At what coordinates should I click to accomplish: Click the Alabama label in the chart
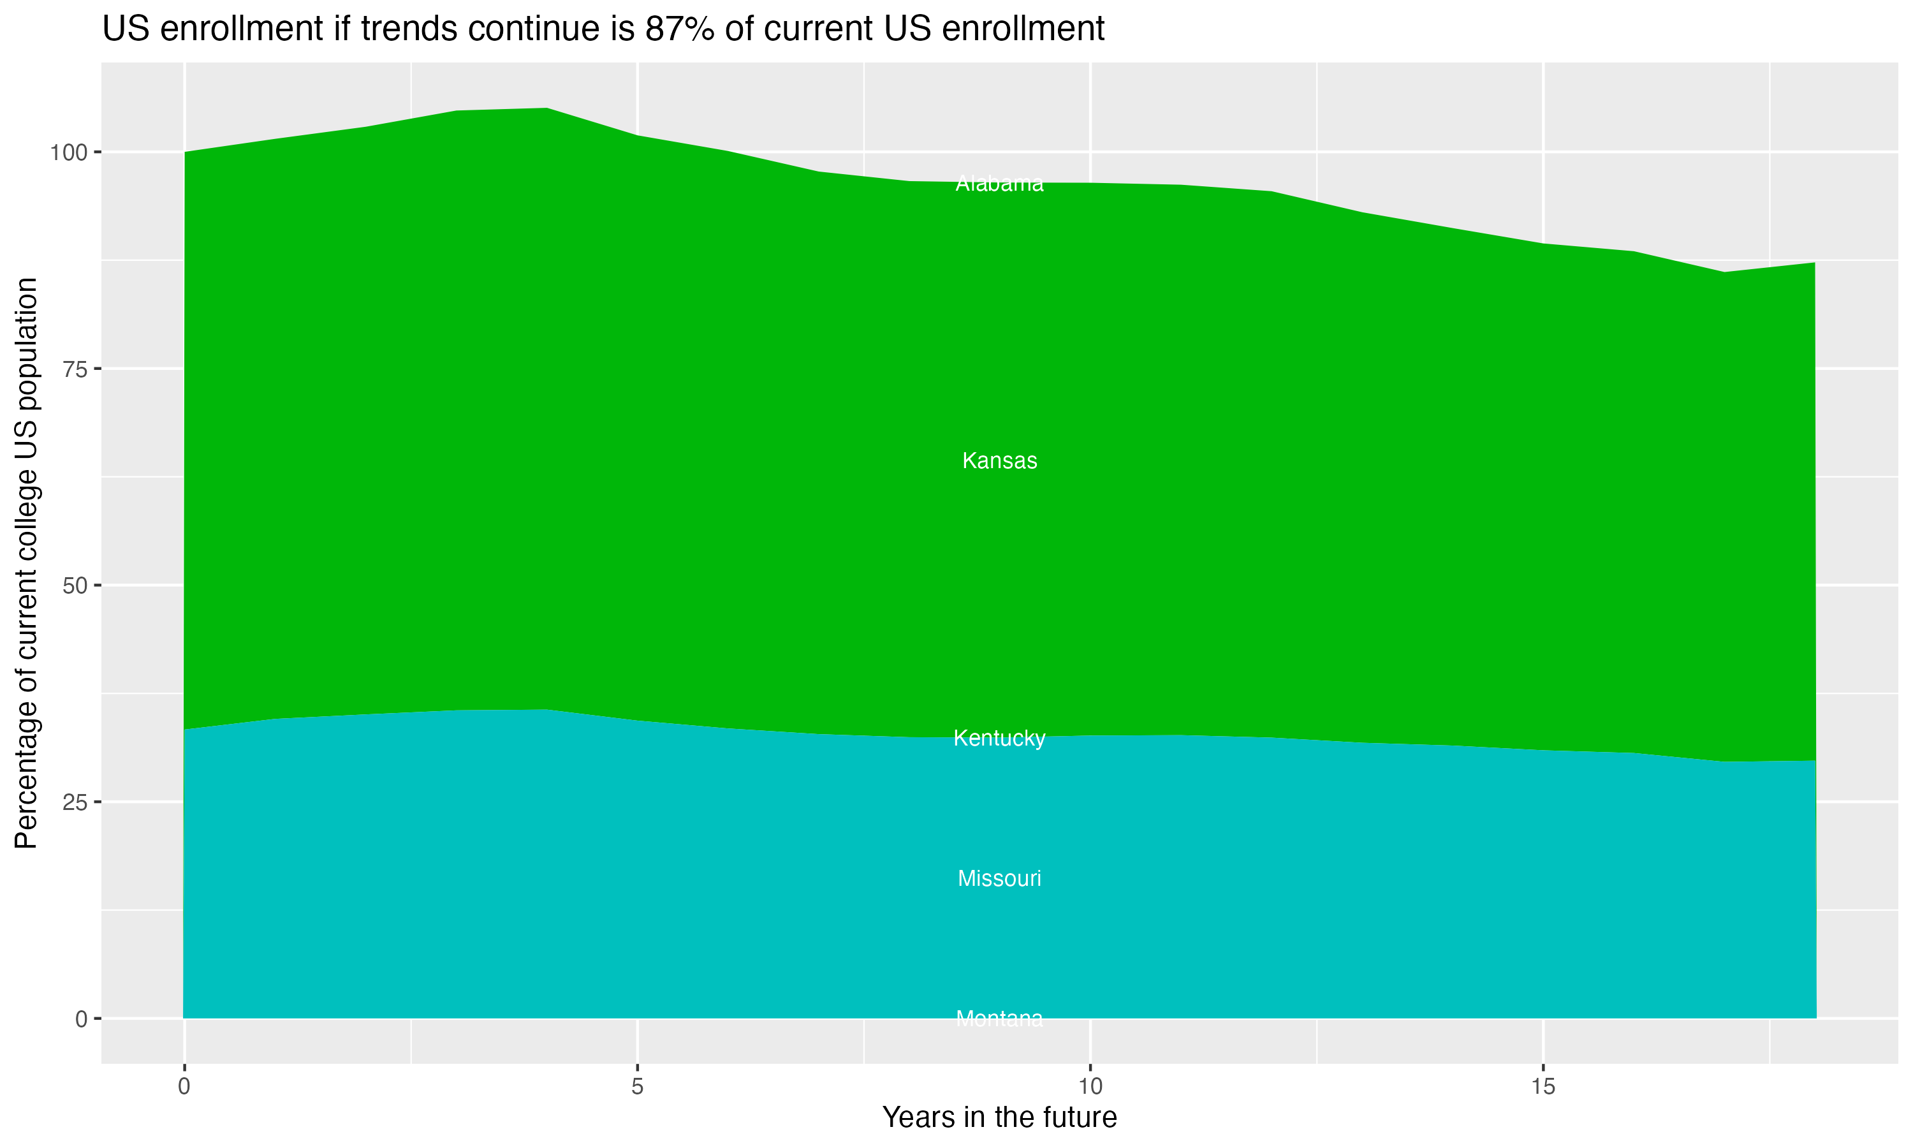click(999, 184)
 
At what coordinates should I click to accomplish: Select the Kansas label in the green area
click(999, 461)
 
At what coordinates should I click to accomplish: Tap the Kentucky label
click(999, 739)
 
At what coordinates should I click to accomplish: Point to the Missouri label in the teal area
click(999, 879)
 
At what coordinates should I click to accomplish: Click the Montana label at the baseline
click(999, 1019)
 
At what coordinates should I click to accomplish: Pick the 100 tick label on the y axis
click(67, 152)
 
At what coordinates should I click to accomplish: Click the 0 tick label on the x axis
click(184, 1087)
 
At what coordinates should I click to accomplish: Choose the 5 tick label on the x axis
click(637, 1087)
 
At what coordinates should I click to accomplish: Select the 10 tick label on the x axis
click(1090, 1087)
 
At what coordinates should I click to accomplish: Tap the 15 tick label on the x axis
click(1543, 1087)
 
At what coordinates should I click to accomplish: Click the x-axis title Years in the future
click(999, 1118)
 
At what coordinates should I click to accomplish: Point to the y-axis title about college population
click(27, 563)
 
